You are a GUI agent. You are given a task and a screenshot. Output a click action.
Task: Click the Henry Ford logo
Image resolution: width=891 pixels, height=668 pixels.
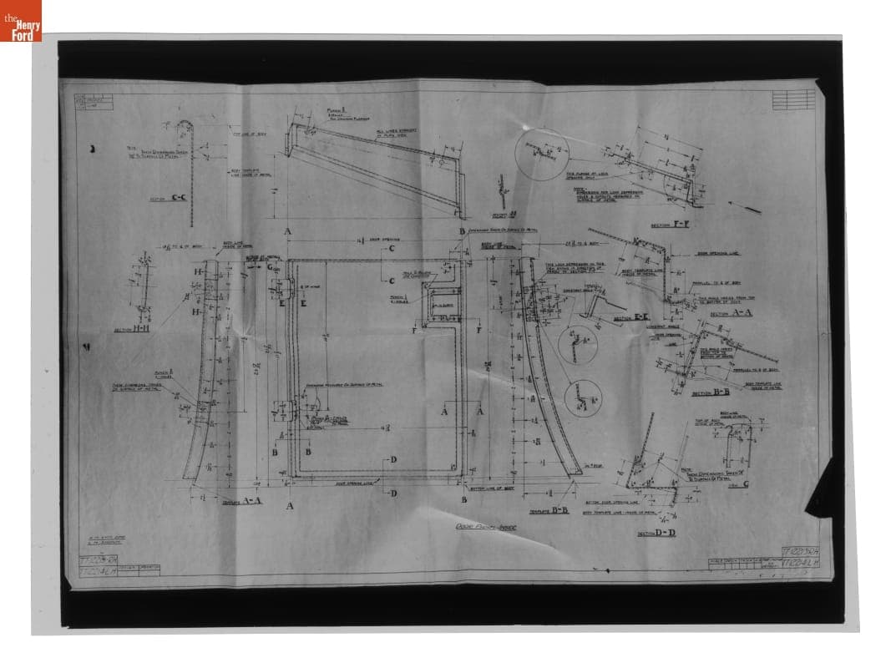click(x=21, y=21)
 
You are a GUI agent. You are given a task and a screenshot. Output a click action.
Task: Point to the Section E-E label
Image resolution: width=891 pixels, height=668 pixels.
click(x=631, y=318)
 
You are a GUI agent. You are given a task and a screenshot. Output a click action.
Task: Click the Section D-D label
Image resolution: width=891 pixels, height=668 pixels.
click(x=656, y=532)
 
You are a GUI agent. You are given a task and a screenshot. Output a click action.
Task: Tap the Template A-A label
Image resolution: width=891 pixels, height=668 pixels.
click(x=242, y=501)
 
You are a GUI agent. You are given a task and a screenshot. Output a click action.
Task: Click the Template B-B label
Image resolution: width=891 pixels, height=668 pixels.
click(x=549, y=510)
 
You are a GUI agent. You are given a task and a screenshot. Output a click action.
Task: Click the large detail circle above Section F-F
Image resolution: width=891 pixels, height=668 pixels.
click(x=541, y=154)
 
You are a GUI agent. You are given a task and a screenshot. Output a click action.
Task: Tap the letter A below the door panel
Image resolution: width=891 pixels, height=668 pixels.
click(x=289, y=506)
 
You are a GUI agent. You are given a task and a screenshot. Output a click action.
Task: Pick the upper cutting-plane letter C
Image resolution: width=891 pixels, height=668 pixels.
click(x=391, y=249)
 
